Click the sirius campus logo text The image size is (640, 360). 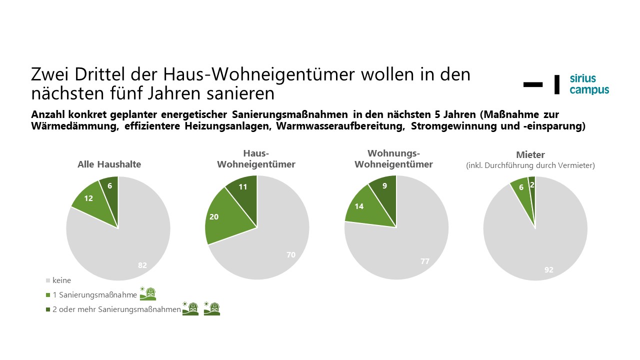click(589, 84)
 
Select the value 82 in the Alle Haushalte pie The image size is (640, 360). click(142, 265)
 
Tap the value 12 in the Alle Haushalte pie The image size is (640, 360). click(88, 198)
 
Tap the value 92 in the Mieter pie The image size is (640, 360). click(548, 270)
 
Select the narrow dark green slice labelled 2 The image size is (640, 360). click(532, 185)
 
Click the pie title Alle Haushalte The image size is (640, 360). click(109, 164)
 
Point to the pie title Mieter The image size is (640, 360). click(530, 155)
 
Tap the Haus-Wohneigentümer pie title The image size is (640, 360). click(256, 159)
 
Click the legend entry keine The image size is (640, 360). click(61, 280)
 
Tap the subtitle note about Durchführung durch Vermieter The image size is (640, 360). click(530, 165)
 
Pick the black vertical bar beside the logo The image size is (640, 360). click(557, 84)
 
